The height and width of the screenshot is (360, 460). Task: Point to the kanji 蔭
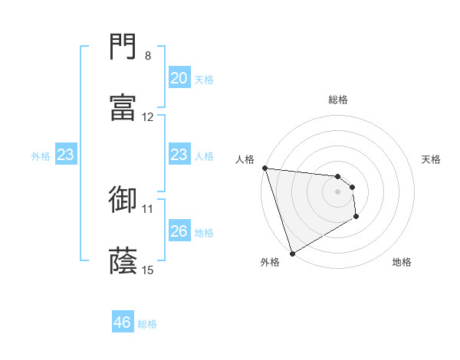tap(123, 260)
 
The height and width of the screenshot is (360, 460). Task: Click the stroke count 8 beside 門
tap(148, 56)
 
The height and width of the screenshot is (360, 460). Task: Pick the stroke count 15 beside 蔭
tap(148, 270)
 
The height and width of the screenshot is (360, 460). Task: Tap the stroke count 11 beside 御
tap(148, 208)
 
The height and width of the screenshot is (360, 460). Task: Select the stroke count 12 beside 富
tap(148, 117)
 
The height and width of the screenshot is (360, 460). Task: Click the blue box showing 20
tap(179, 78)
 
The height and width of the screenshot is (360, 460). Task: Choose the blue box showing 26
tap(179, 231)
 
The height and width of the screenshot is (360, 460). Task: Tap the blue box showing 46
tap(123, 322)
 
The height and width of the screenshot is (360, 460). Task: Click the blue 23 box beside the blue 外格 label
tap(66, 155)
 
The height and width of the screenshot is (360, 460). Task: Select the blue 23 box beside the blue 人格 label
tap(179, 155)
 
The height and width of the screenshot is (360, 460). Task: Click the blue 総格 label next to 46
tap(147, 324)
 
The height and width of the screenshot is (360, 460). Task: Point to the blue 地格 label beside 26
tap(204, 232)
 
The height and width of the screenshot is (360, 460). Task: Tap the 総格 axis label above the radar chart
tap(338, 100)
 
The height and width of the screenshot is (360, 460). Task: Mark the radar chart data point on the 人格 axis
tap(264, 168)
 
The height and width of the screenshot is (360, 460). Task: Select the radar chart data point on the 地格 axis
tap(356, 217)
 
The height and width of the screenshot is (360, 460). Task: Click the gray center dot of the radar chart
tap(337, 191)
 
